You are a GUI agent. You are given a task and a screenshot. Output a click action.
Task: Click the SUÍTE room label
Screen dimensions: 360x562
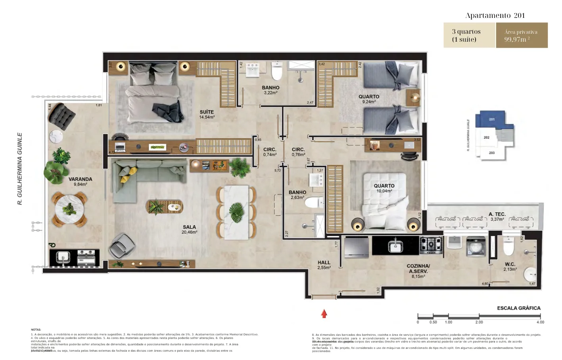tap(207, 114)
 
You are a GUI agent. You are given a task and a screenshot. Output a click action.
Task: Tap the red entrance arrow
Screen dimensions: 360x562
tap(324, 314)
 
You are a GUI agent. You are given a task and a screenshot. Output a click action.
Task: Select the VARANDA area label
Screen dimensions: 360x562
tap(80, 181)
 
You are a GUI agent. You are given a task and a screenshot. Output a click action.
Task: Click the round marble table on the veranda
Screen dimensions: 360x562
tap(69, 208)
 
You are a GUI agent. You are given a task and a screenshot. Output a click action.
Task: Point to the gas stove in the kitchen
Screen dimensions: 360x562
tap(431, 245)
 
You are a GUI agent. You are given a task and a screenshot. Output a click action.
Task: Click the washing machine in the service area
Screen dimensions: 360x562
tap(476, 246)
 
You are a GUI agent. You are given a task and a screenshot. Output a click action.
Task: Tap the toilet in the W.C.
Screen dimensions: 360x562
tap(508, 246)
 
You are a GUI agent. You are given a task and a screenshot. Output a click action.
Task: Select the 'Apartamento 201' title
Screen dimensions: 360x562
tap(495, 15)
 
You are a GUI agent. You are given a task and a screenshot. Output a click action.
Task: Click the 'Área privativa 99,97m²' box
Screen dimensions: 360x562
tap(521, 35)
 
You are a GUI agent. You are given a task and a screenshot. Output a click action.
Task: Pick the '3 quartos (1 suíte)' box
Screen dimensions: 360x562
tap(469, 35)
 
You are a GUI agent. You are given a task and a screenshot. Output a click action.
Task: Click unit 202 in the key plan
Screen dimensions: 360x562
tap(487, 137)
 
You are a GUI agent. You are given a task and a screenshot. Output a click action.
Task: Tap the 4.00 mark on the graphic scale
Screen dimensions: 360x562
tap(540, 322)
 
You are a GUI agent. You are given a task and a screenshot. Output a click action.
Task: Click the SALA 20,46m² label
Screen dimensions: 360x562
tap(189, 229)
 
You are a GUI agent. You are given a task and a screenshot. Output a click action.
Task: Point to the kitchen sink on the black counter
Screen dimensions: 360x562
tap(395, 246)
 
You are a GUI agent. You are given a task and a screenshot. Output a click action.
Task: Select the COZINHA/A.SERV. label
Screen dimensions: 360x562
tap(418, 271)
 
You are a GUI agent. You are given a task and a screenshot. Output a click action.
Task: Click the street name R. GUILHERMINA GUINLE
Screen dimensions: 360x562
tap(20, 169)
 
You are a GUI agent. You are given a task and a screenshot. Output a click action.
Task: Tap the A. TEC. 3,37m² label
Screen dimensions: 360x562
tap(497, 216)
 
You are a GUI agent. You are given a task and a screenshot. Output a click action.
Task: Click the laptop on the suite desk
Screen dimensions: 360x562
tap(120, 147)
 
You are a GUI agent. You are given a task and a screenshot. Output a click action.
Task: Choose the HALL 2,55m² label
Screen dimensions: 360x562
tap(324, 265)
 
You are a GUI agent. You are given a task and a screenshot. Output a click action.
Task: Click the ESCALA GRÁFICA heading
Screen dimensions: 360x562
tap(518, 308)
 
